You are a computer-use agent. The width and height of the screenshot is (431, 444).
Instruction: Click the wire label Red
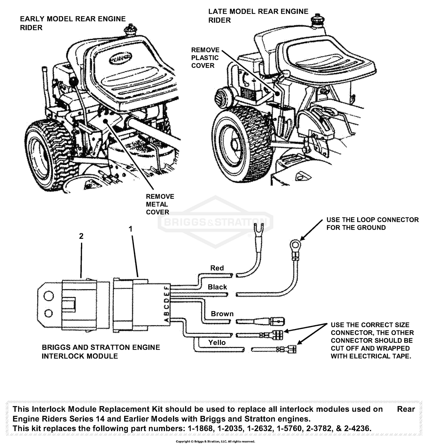tap(217, 268)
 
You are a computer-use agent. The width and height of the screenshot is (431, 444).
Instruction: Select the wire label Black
tap(217, 287)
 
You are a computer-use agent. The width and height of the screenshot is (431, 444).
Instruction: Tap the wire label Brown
tap(222, 314)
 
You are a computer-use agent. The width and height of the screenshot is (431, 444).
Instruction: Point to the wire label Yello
tap(217, 342)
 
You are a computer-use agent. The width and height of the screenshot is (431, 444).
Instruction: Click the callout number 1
tap(130, 229)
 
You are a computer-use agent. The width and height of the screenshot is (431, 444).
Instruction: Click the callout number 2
tap(81, 236)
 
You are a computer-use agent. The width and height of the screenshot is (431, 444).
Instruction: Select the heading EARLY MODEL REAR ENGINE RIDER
tap(72, 23)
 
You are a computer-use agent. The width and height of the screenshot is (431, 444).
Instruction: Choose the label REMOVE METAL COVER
tap(160, 204)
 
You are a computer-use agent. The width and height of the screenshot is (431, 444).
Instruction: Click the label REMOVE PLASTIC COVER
tap(205, 58)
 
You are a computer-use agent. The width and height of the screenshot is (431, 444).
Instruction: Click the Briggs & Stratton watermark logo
tap(215, 222)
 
